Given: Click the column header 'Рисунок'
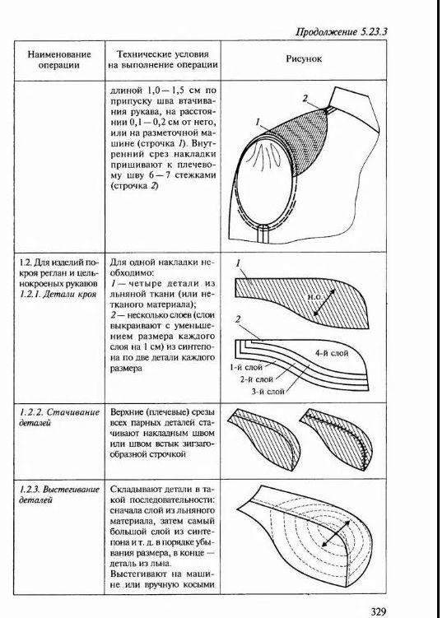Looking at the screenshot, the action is click(304, 59).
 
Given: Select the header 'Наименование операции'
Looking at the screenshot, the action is click(59, 59).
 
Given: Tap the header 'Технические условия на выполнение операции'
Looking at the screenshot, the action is click(163, 59).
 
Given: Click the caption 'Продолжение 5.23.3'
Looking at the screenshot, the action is click(342, 32).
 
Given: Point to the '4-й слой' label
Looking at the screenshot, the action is click(332, 353).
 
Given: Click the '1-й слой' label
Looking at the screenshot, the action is click(245, 367).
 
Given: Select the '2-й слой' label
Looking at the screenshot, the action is click(257, 379).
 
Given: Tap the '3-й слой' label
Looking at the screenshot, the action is click(268, 392).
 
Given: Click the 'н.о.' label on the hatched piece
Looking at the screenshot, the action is click(314, 296).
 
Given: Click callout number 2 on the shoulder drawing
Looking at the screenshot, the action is click(305, 98).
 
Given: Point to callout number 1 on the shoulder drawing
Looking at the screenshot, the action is click(258, 123).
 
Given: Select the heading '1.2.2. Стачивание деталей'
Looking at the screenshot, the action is click(59, 417).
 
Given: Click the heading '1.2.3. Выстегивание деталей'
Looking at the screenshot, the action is click(59, 495).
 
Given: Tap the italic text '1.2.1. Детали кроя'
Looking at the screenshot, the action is click(58, 294).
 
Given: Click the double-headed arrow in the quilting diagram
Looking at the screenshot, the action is click(336, 533).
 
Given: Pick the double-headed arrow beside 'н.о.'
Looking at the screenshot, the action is click(324, 302).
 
